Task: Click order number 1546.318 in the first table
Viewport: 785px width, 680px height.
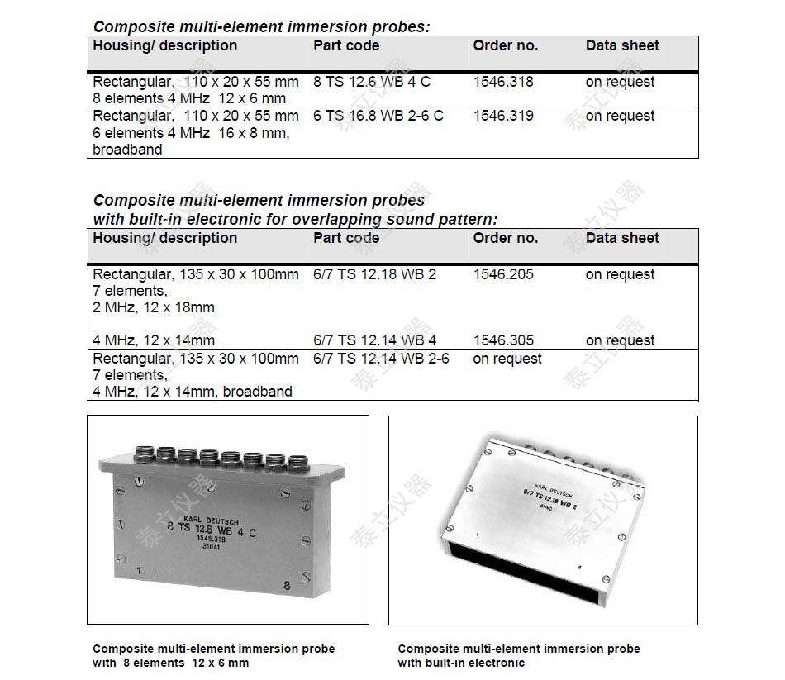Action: click(503, 82)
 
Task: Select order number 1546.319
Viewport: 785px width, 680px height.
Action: click(503, 116)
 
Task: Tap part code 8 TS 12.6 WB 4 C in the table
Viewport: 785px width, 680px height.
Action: click(372, 82)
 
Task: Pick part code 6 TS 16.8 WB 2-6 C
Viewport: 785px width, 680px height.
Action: click(378, 116)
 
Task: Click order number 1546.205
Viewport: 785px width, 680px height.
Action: click(503, 274)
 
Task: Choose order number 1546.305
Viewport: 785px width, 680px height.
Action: click(503, 340)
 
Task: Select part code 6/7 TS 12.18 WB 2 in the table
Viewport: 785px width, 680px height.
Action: click(375, 274)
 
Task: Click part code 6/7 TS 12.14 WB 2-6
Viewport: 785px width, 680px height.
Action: click(381, 359)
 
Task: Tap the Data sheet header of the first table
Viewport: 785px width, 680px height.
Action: click(622, 45)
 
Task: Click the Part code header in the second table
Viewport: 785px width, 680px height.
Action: click(346, 238)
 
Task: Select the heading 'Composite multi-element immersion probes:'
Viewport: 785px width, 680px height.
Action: click(261, 26)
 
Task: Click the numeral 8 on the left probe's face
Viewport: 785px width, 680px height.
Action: click(287, 585)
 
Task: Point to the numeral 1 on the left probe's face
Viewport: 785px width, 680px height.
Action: click(138, 571)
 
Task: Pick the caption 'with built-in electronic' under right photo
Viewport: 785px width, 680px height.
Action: click(461, 663)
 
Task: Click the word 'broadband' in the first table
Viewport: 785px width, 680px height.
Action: click(127, 150)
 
